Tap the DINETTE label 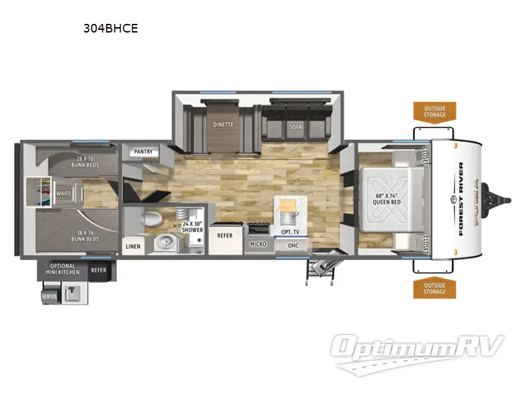[222, 124]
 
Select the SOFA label [295, 126]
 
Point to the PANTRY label [143, 152]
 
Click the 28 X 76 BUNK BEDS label [88, 161]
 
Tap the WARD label [64, 194]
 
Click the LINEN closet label [133, 246]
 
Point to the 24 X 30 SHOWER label [192, 227]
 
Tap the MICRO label [258, 244]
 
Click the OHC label [293, 245]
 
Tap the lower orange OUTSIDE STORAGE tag [435, 289]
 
